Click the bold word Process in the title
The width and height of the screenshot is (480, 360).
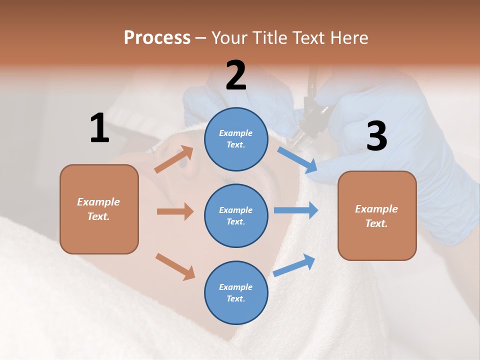[157, 38]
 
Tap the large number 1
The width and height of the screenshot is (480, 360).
[99, 128]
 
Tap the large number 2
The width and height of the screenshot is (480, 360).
[236, 75]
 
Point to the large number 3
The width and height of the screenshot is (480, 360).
[376, 136]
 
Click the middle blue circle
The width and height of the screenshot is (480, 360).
[236, 215]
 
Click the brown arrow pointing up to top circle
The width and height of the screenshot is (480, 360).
[174, 159]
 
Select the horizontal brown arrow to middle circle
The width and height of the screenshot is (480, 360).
[175, 211]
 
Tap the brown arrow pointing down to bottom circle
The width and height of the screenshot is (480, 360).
[175, 266]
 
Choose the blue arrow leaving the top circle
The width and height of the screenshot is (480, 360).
[298, 160]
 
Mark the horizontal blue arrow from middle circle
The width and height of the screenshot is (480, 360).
[295, 210]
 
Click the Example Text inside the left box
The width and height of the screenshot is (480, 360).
[98, 209]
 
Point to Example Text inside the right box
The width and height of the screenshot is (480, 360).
[376, 216]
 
